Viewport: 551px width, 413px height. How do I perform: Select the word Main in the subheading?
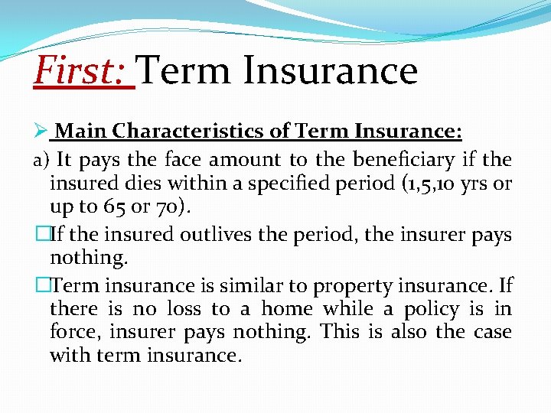(81, 132)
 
